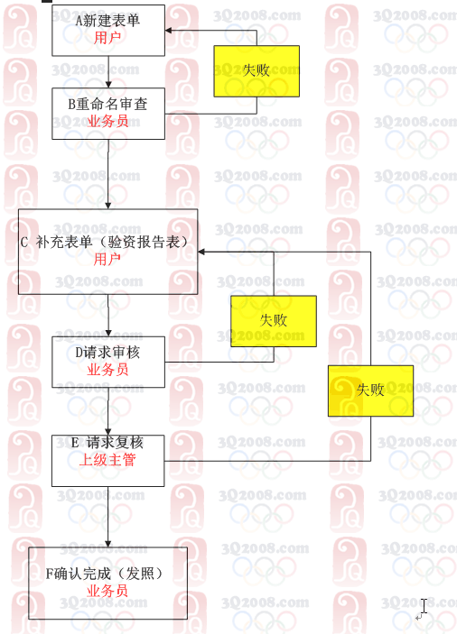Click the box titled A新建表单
coord(108,31)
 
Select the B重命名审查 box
coord(108,114)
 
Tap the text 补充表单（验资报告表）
coord(112,242)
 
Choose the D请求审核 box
coord(108,362)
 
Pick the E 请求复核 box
coord(108,461)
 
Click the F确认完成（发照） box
coord(107,583)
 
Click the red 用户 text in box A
coord(107,38)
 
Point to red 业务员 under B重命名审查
coord(108,122)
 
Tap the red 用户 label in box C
coord(107,259)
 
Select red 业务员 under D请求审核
coord(107,370)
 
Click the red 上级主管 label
coord(107,460)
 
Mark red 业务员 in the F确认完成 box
coord(107,591)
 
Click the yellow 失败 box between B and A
coord(256,71)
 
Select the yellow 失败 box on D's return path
coord(274,321)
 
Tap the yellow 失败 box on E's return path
coord(371,391)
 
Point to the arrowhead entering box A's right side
coord(168,31)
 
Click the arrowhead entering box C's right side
coord(201,252)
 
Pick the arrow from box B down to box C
coord(108,174)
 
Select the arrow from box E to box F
coord(108,517)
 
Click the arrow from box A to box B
coord(108,72)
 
